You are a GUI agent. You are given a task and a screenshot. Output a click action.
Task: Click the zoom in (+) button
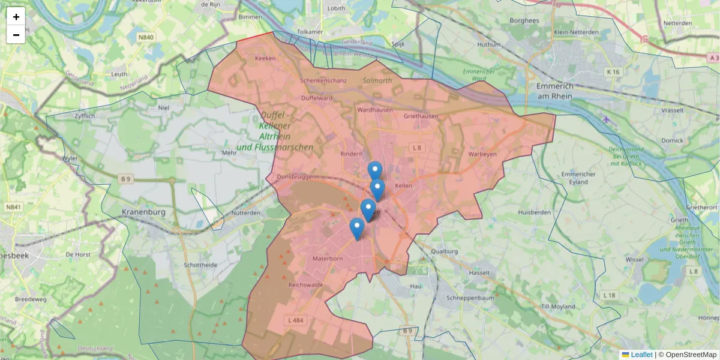pyautogui.click(x=16, y=16)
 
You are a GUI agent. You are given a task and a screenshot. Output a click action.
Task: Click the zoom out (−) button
pyautogui.click(x=16, y=35)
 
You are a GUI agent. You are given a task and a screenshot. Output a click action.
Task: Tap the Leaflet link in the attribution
pyautogui.click(x=641, y=355)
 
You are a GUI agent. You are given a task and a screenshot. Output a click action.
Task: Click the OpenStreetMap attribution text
pyautogui.click(x=688, y=355)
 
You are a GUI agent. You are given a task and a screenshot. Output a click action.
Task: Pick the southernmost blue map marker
pyautogui.click(x=357, y=229)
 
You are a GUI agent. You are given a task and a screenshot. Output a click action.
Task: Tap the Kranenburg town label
pyautogui.click(x=143, y=212)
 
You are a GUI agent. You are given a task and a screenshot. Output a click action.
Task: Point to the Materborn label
pyautogui.click(x=328, y=259)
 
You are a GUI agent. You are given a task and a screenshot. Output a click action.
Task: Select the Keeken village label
pyautogui.click(x=265, y=59)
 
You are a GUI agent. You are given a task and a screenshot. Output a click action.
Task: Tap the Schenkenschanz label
pyautogui.click(x=323, y=80)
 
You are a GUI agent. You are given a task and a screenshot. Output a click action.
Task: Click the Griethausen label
pyautogui.click(x=421, y=116)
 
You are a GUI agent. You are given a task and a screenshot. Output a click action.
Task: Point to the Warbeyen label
pyautogui.click(x=483, y=154)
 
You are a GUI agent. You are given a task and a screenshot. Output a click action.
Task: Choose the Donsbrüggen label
pyautogui.click(x=296, y=178)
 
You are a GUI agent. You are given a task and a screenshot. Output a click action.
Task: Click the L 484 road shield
pyautogui.click(x=296, y=320)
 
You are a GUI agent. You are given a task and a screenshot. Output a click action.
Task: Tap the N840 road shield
pyautogui.click(x=145, y=37)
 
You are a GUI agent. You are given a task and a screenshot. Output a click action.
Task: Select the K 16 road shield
pyautogui.click(x=613, y=72)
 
